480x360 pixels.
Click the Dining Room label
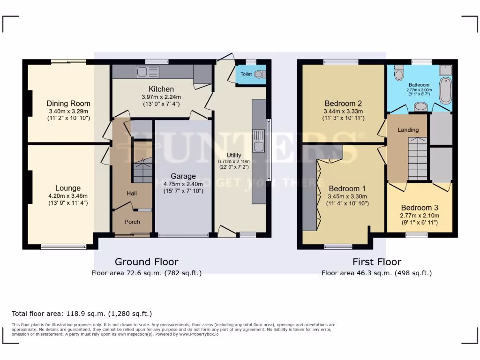click(68, 104)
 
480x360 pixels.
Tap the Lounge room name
click(68, 188)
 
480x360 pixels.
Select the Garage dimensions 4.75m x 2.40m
click(183, 184)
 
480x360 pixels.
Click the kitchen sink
click(148, 72)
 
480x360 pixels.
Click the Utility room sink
click(258, 142)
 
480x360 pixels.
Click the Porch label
click(132, 222)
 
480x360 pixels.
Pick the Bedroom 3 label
click(419, 208)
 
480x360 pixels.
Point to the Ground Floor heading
click(146, 262)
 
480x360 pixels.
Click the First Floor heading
click(377, 262)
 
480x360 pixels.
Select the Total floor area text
click(82, 314)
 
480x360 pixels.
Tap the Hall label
click(131, 193)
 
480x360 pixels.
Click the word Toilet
click(246, 74)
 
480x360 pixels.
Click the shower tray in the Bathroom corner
click(445, 70)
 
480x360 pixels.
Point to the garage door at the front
click(183, 235)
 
